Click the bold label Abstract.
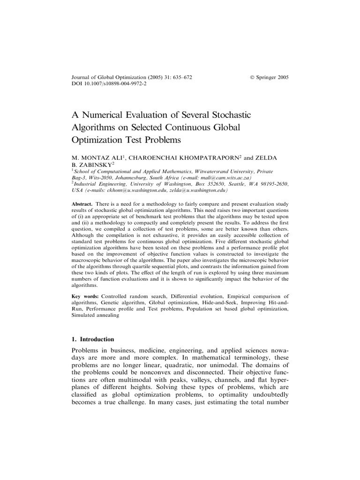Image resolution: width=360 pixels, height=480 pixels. (82, 205)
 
